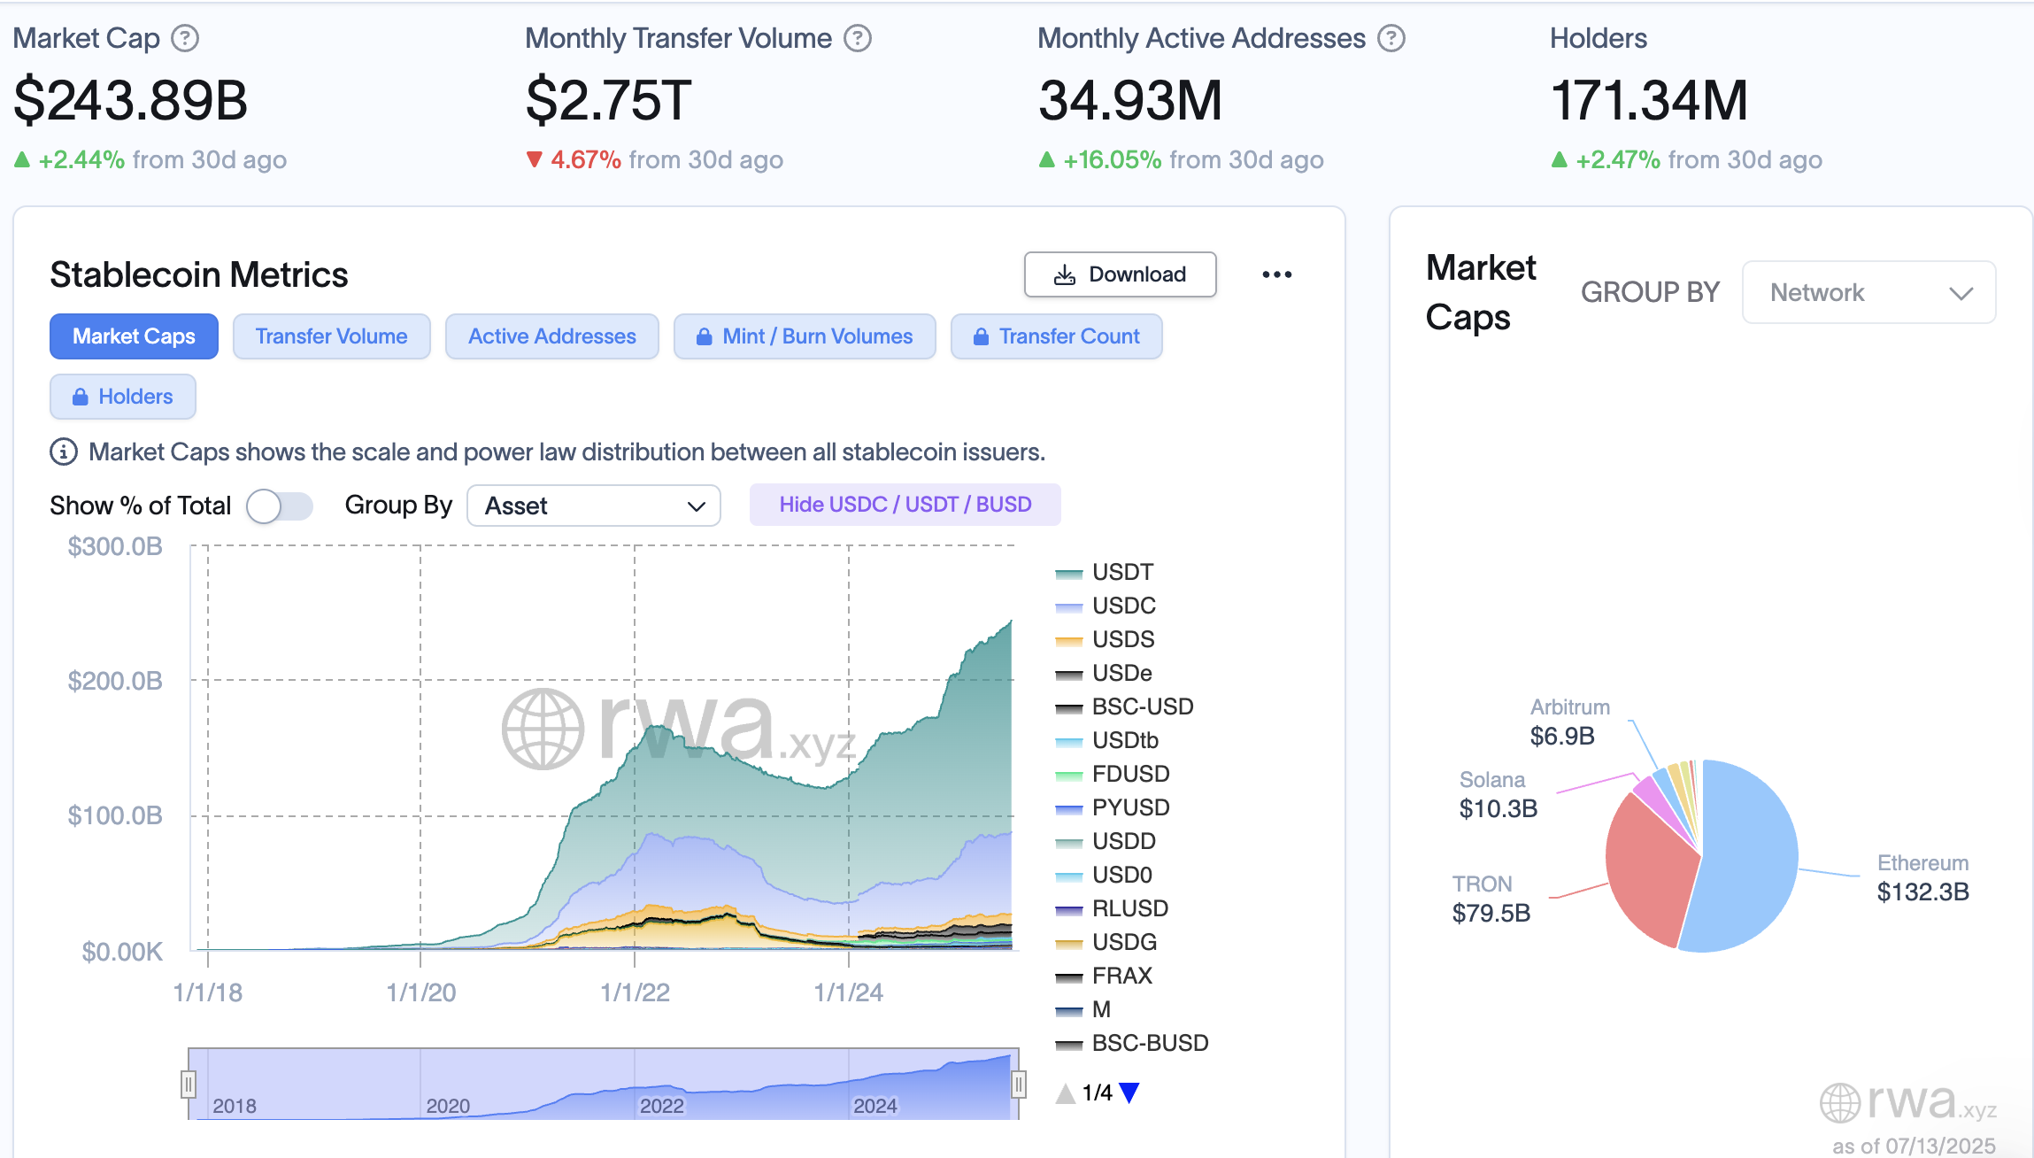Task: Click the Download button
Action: pos(1120,274)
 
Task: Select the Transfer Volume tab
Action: pos(331,336)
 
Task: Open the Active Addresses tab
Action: pos(551,336)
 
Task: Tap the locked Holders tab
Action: pos(122,397)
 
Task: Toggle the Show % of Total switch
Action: pos(279,506)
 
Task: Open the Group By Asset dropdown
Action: pos(593,506)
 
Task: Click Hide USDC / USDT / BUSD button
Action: pos(905,505)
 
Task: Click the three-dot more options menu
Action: pos(1276,274)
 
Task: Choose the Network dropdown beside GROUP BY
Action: pos(1868,292)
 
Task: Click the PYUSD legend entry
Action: pos(1129,807)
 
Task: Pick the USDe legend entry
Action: pos(1121,673)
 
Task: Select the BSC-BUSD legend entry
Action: pos(1149,1043)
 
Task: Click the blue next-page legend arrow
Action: pos(1129,1092)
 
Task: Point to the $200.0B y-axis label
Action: pos(115,681)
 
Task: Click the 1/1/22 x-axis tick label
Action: pos(635,992)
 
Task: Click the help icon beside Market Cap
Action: pos(184,38)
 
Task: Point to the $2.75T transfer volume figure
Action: pos(608,100)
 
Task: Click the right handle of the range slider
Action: pos(1019,1084)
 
